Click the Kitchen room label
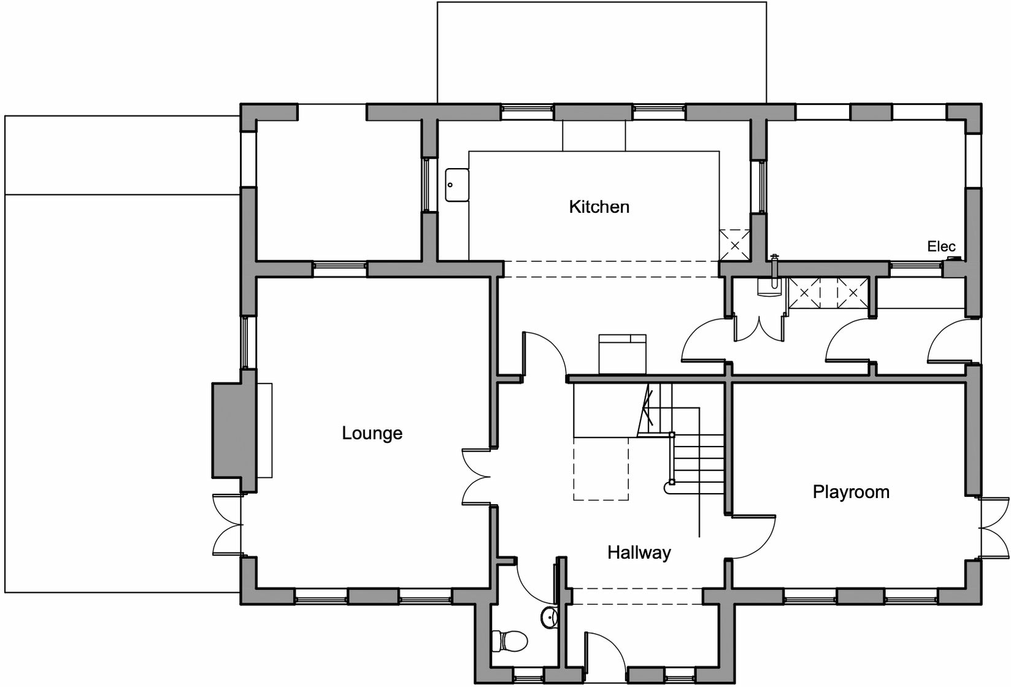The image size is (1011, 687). pyautogui.click(x=599, y=207)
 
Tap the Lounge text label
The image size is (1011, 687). pyautogui.click(x=372, y=433)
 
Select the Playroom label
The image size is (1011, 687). pyautogui.click(x=850, y=492)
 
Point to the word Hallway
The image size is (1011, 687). pyautogui.click(x=639, y=553)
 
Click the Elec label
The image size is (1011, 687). pyautogui.click(x=940, y=247)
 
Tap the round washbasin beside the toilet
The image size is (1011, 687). pyautogui.click(x=548, y=617)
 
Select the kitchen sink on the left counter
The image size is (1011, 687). pyautogui.click(x=456, y=185)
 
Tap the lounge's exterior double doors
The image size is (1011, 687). pyautogui.click(x=227, y=524)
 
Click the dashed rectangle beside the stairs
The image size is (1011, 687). pyautogui.click(x=601, y=469)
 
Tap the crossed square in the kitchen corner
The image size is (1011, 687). pyautogui.click(x=734, y=244)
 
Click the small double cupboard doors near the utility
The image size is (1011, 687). pyautogui.click(x=759, y=328)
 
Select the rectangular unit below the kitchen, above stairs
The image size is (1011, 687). pyautogui.click(x=622, y=354)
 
